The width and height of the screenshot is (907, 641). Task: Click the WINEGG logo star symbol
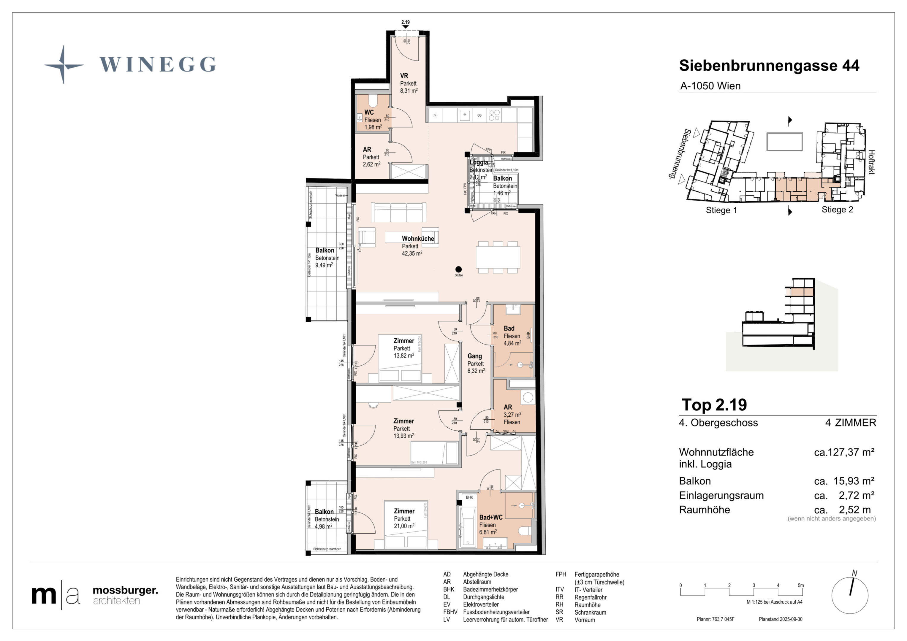[x=64, y=65]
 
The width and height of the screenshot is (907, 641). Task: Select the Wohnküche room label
[x=417, y=239]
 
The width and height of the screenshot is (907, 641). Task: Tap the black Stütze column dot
[x=458, y=269]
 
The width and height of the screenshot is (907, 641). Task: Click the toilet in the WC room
[x=373, y=101]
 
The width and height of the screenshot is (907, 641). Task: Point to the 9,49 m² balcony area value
[x=324, y=265]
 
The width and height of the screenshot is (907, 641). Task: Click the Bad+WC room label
[x=491, y=517]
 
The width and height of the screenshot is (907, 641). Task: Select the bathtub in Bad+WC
[x=467, y=527]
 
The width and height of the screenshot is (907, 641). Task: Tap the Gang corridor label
[x=474, y=356]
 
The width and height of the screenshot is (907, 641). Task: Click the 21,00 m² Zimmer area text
[x=404, y=526]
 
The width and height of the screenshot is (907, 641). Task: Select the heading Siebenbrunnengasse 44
[x=769, y=66]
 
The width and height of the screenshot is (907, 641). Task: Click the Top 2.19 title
[x=714, y=405]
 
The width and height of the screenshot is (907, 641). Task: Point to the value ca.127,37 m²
[x=844, y=452]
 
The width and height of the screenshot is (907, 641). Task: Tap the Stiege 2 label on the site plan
[x=837, y=210]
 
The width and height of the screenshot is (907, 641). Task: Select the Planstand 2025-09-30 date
[x=780, y=619]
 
